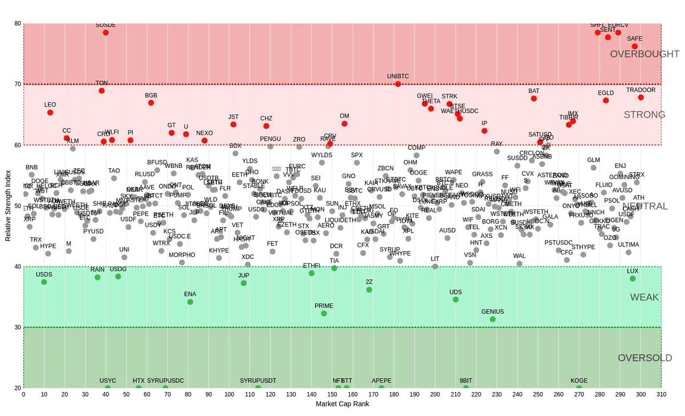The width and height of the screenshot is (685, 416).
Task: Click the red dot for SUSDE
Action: pos(106,33)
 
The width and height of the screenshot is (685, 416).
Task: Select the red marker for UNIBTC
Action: pos(398,84)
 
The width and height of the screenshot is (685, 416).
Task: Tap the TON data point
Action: pos(102,91)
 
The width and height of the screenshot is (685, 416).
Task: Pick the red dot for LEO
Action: pos(50,112)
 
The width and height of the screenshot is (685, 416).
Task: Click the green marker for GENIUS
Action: pos(493,320)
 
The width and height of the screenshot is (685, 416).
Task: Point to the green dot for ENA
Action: pos(190,302)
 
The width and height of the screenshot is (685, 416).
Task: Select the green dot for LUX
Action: pos(632,278)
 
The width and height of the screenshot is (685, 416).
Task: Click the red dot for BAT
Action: pos(534,99)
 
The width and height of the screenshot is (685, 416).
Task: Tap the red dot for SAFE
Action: pos(635,46)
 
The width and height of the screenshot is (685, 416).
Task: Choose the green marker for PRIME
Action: pos(324,313)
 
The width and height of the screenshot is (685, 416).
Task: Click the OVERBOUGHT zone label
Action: pos(644,54)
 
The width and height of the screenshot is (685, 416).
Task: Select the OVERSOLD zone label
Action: pos(645,358)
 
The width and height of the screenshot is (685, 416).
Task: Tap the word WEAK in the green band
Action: pos(644,297)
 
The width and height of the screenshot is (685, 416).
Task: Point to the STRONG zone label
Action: pos(644,115)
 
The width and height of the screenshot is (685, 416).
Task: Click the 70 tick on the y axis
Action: pos(18,84)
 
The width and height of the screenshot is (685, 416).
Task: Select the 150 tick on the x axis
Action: pos(332,394)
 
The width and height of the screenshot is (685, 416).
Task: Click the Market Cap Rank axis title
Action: pos(342,404)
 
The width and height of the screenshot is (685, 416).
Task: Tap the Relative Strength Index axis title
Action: pos(8,205)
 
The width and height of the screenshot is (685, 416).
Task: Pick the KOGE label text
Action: pos(579,381)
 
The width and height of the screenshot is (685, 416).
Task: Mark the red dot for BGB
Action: pos(151,103)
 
